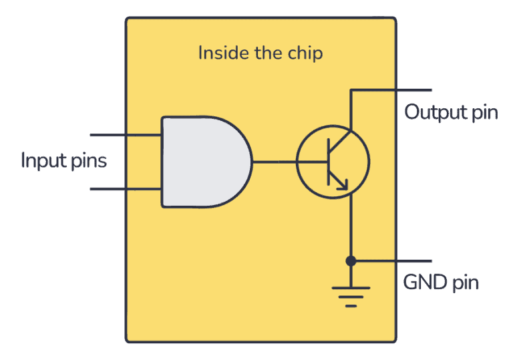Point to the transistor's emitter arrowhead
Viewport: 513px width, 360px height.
click(343, 185)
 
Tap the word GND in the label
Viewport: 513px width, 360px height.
click(425, 282)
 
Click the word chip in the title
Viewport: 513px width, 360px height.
click(305, 53)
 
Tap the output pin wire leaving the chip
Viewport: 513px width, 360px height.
click(414, 90)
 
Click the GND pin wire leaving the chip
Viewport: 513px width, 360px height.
click(414, 260)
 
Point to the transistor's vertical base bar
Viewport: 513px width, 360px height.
click(327, 162)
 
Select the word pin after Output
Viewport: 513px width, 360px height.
click(484, 112)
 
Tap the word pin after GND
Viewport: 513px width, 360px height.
click(466, 283)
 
